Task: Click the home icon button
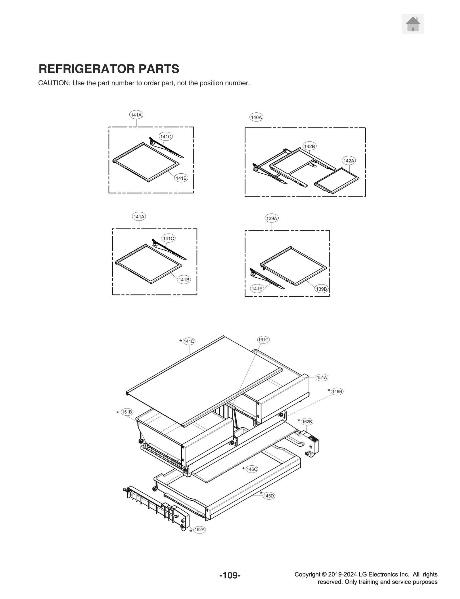tap(413, 24)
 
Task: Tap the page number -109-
tap(230, 575)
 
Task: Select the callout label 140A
tap(256, 117)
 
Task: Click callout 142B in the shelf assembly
tap(309, 146)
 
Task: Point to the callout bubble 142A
tap(348, 161)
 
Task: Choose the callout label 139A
tap(271, 218)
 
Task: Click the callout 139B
tap(321, 289)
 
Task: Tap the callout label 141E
tap(256, 289)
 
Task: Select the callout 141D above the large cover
tap(189, 341)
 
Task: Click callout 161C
tap(263, 339)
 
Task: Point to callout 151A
tap(322, 377)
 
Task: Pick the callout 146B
tap(337, 391)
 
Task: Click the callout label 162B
tap(307, 422)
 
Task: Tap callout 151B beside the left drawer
tap(127, 412)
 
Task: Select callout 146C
tap(252, 469)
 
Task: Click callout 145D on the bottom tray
tap(269, 496)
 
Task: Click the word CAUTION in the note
tap(54, 83)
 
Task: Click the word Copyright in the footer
tap(307, 574)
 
